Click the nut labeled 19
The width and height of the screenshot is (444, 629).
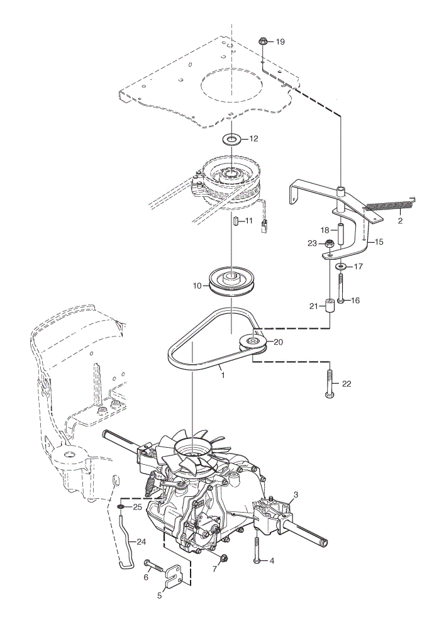click(x=263, y=40)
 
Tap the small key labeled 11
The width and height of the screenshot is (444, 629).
click(x=236, y=221)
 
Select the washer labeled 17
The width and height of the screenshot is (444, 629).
click(x=341, y=266)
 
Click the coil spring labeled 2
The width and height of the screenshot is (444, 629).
click(x=390, y=206)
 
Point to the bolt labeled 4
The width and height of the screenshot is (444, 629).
click(x=257, y=550)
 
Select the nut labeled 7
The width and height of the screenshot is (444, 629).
click(x=224, y=557)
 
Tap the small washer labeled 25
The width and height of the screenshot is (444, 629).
click(x=120, y=508)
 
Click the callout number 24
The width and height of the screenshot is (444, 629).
click(x=141, y=542)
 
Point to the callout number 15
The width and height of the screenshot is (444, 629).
click(x=379, y=242)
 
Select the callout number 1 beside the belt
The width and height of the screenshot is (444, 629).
click(x=223, y=376)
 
